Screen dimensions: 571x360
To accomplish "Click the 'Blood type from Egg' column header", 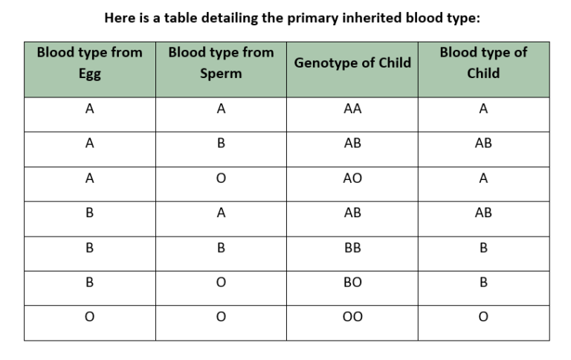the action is pyautogui.click(x=89, y=63).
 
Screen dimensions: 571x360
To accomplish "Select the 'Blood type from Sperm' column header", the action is pyautogui.click(x=221, y=63).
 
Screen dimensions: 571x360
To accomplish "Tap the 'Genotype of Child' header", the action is pyautogui.click(x=352, y=63).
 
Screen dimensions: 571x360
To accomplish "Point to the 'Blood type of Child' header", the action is pyautogui.click(x=483, y=63).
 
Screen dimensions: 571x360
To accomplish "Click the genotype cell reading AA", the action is pyautogui.click(x=352, y=109).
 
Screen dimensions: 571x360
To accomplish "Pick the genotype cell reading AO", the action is pyautogui.click(x=352, y=179).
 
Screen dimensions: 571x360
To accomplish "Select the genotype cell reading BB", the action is pyautogui.click(x=352, y=248).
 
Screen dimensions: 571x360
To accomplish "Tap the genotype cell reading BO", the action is pyautogui.click(x=352, y=283).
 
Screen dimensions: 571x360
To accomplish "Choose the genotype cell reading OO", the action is pyautogui.click(x=352, y=318).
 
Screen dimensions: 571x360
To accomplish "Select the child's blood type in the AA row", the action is pyautogui.click(x=483, y=109).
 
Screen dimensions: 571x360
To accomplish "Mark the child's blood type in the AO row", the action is pyautogui.click(x=483, y=179).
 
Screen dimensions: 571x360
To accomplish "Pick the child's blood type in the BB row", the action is pyautogui.click(x=483, y=248).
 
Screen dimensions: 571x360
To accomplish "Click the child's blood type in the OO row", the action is pyautogui.click(x=483, y=318).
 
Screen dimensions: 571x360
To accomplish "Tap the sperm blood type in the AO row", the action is pyautogui.click(x=221, y=179).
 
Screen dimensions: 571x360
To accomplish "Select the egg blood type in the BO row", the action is pyautogui.click(x=89, y=283).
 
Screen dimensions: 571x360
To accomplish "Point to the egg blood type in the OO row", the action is pyautogui.click(x=89, y=318).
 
